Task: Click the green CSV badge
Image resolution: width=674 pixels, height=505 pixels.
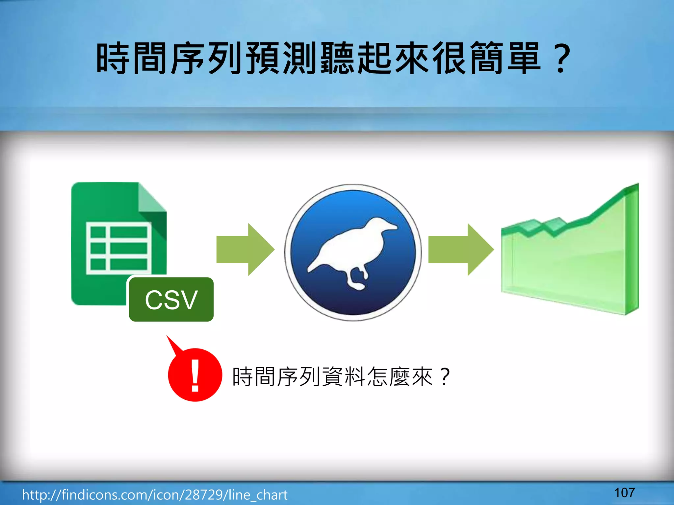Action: [x=171, y=300]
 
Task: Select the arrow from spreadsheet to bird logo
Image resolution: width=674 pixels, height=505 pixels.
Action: [x=245, y=250]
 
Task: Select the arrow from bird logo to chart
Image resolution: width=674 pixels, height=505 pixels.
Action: [x=460, y=250]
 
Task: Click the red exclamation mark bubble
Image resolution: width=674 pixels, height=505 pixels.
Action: [x=195, y=375]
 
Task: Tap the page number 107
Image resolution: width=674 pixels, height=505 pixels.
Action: [x=624, y=493]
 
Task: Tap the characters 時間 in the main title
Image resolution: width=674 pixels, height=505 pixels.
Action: [x=132, y=59]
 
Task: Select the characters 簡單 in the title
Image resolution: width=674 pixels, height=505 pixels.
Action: [x=505, y=59]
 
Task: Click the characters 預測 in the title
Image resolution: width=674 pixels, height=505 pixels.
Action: [x=281, y=59]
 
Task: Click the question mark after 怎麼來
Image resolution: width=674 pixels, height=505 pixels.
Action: [x=444, y=376]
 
